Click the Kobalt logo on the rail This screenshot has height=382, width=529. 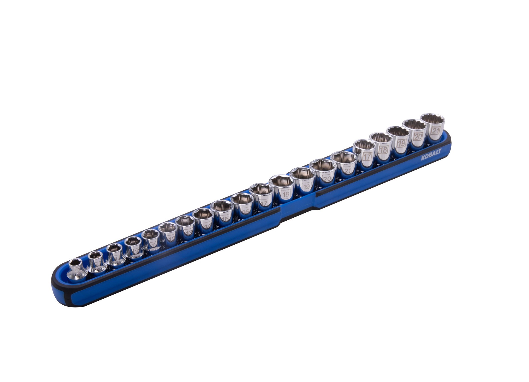(431, 154)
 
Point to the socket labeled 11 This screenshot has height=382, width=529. (151, 240)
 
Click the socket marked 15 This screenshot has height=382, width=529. (223, 212)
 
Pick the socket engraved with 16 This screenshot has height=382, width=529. (242, 205)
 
